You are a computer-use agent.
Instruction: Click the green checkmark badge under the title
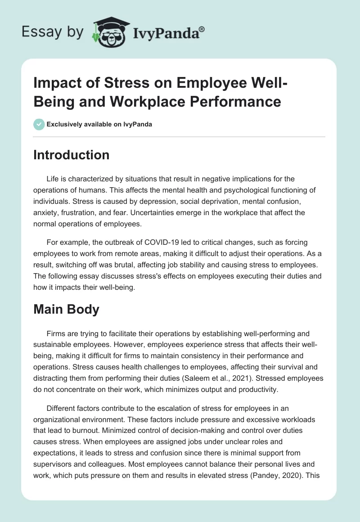point(39,124)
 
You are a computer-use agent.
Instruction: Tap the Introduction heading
point(71,155)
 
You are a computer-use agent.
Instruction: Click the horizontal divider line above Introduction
point(180,136)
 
